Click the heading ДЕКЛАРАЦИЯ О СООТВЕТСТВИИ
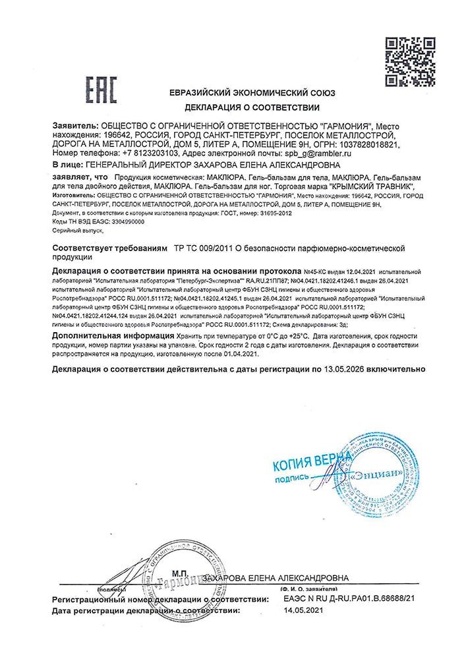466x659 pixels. pos(252,107)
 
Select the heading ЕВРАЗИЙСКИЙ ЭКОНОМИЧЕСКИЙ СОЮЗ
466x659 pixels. pos(252,92)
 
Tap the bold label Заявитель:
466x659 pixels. pos(73,126)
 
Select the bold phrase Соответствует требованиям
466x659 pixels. pos(109,248)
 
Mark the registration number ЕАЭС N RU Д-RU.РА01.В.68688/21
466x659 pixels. pos(349,599)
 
